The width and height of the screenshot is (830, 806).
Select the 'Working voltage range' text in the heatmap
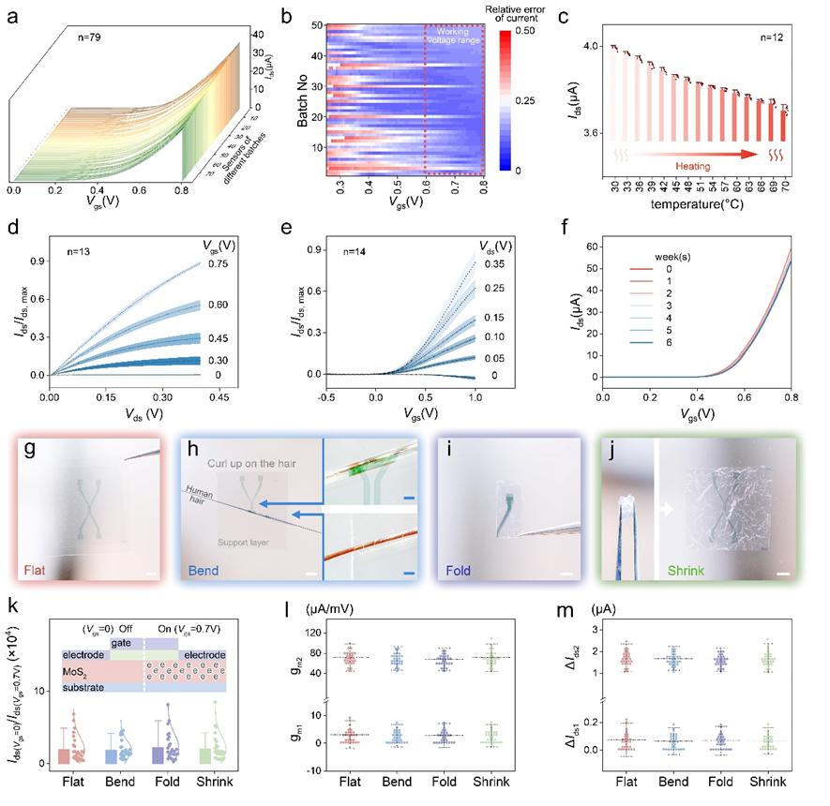(454, 38)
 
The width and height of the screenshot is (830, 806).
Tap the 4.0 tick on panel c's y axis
(589, 46)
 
